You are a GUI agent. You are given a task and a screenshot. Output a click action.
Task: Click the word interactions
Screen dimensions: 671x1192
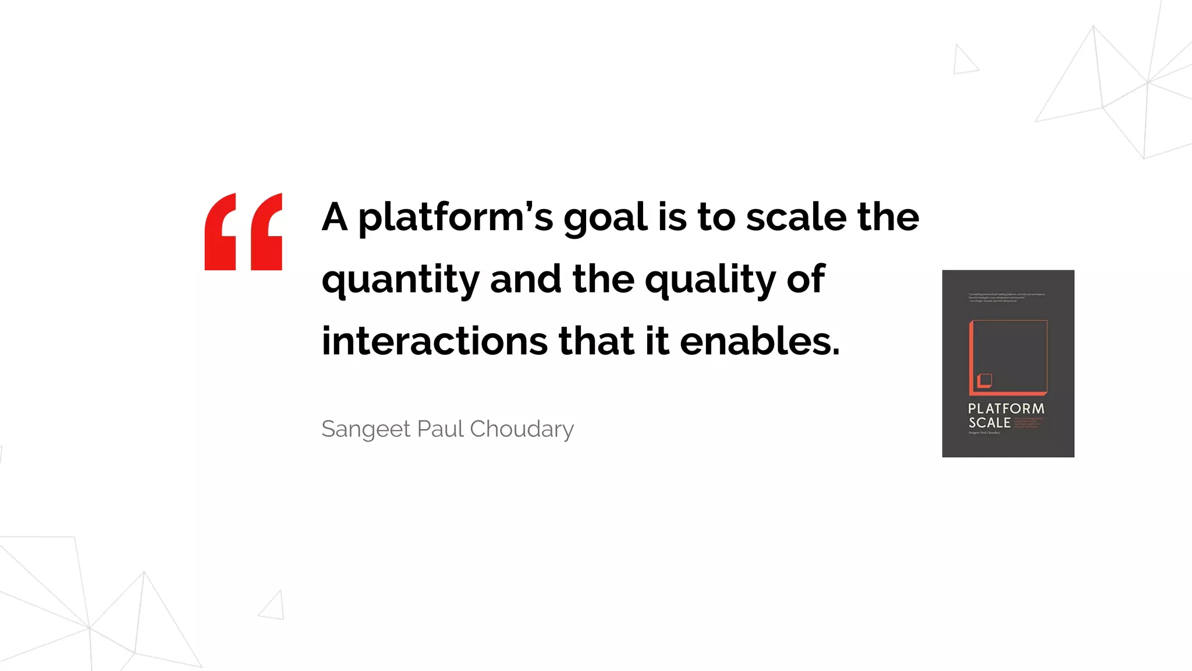(434, 341)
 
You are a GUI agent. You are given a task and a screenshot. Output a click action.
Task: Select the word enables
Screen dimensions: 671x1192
(760, 341)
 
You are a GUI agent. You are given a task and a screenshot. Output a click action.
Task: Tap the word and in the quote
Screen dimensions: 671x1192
(526, 278)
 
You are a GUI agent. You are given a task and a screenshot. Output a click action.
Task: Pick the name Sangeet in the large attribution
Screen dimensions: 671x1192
(366, 430)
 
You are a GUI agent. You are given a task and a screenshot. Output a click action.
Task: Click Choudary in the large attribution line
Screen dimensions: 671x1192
(521, 429)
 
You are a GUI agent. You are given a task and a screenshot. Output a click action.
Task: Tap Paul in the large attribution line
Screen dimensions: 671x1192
(440, 429)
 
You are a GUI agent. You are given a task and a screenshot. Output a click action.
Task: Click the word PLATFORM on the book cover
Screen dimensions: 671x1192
(1006, 408)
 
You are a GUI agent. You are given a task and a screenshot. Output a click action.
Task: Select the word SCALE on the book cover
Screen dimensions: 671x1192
(989, 423)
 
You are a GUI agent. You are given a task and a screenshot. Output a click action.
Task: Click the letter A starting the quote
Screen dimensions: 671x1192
(335, 217)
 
